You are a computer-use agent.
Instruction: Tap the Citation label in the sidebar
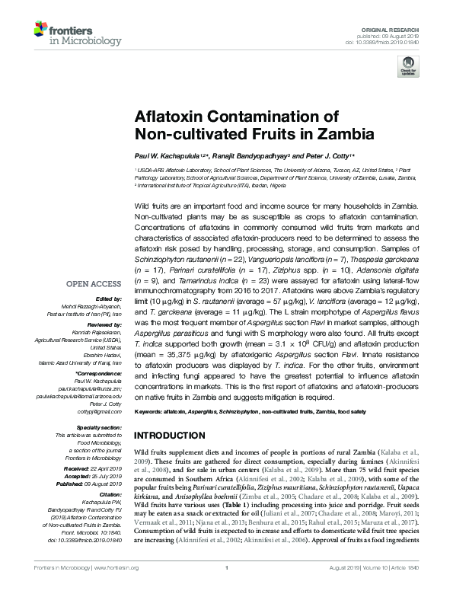(x=111, y=471)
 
